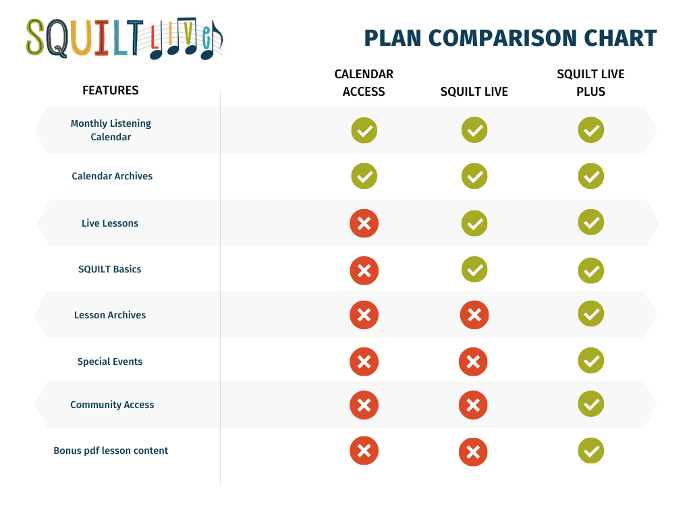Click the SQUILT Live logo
point(124,38)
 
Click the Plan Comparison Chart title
point(510,38)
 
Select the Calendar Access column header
point(364,83)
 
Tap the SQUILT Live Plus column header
point(590,83)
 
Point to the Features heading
point(111,90)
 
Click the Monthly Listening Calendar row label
point(111,130)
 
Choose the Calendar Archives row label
point(112,176)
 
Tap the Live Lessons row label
point(110,223)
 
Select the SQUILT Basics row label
point(110,269)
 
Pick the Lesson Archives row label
point(110,315)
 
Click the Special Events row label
point(110,362)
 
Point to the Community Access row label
point(112,405)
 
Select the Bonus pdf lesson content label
point(111,451)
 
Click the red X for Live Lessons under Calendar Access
point(364,223)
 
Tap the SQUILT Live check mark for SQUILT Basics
point(474,269)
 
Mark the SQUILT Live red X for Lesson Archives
point(474,315)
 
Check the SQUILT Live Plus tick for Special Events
point(591,360)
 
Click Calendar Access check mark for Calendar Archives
point(364,176)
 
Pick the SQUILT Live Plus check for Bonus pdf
point(591,451)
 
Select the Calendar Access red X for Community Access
point(364,405)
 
